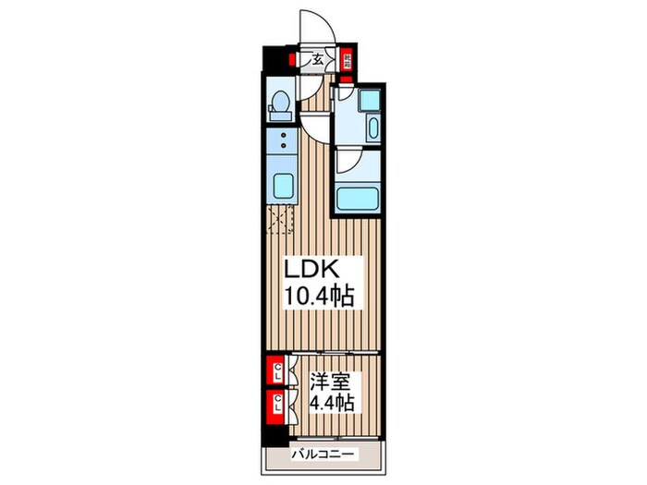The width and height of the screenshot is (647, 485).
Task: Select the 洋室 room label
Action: (327, 379)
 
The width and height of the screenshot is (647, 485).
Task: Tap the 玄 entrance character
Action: (317, 62)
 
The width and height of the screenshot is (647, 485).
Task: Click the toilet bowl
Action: (276, 108)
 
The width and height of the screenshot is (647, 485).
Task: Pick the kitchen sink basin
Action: (278, 183)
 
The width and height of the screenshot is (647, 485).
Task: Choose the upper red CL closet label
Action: (275, 372)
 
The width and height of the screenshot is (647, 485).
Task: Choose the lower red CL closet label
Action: (275, 402)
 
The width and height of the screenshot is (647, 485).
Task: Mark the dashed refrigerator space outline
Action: (279, 219)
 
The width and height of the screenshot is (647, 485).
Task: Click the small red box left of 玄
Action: (290, 61)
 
